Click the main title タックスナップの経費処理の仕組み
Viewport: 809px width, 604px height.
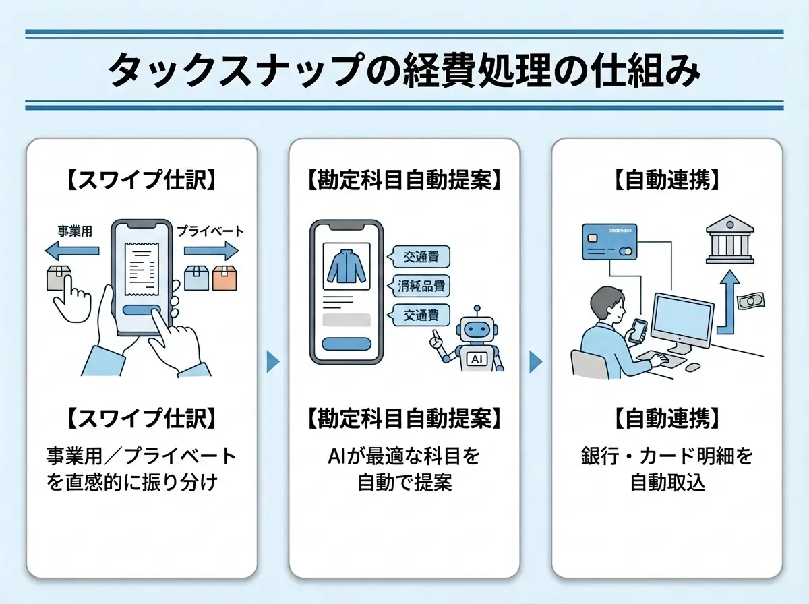tap(404, 69)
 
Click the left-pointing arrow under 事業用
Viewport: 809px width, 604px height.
tap(73, 251)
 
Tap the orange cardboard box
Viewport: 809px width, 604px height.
tap(225, 277)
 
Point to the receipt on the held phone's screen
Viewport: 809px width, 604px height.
tap(142, 265)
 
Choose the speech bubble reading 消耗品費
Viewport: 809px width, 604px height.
tap(419, 285)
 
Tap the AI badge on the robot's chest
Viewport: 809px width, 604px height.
tap(477, 359)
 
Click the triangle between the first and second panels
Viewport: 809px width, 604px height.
tap(273, 362)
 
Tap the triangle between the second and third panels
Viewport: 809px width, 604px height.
tap(536, 362)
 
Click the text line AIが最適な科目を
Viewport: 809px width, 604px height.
tap(404, 456)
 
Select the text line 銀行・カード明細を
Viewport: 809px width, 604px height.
tap(667, 456)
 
